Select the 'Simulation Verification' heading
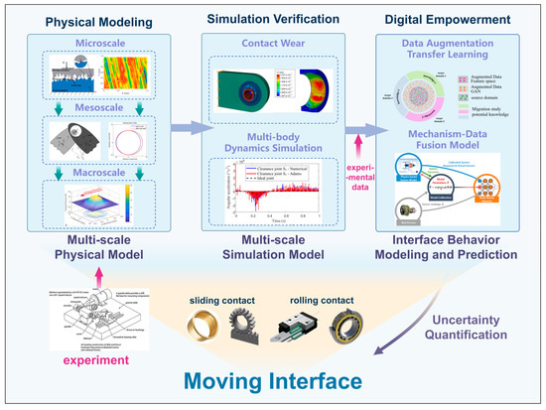272,18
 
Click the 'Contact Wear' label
273,45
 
